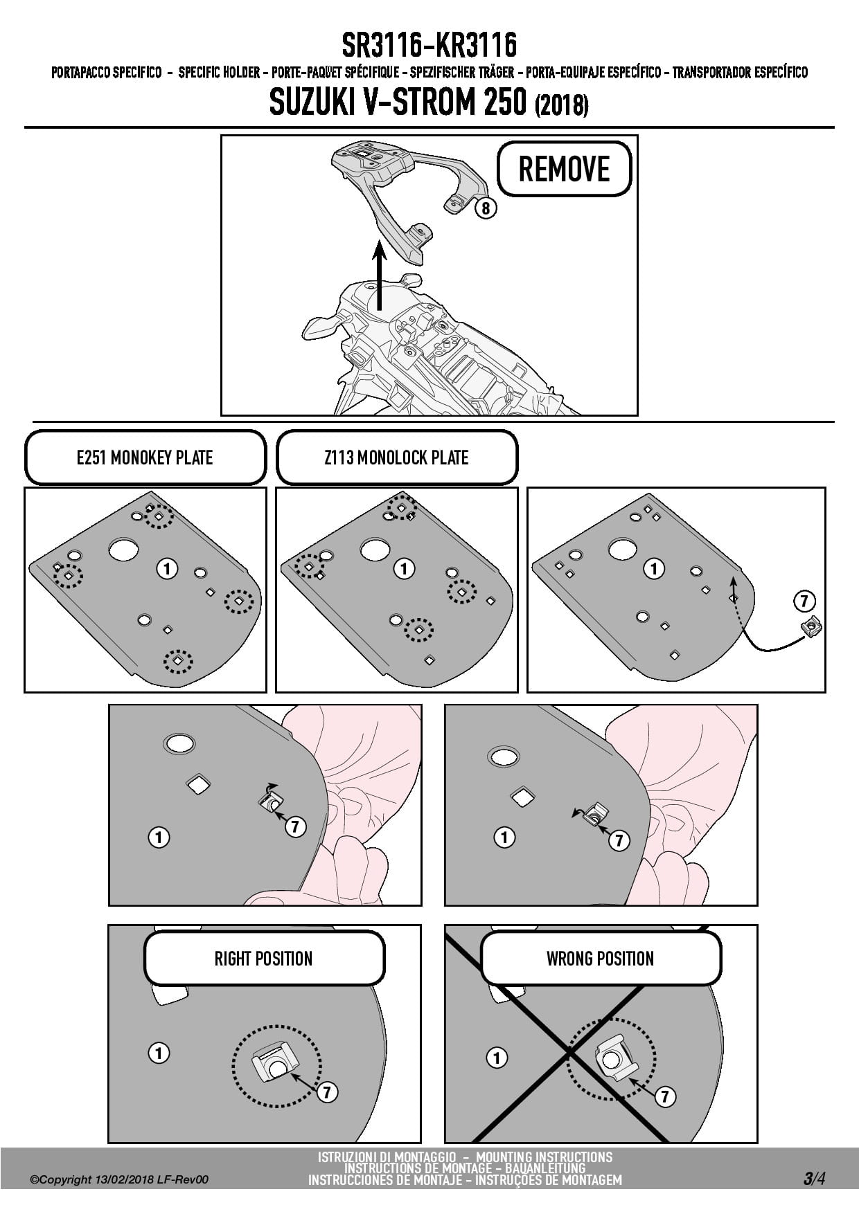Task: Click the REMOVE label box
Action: pyautogui.click(x=564, y=169)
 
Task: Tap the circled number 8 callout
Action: pyautogui.click(x=486, y=208)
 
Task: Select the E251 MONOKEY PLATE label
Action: pyautogui.click(x=145, y=457)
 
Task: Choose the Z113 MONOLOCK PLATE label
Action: pyautogui.click(x=396, y=457)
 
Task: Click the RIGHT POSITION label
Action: pyautogui.click(x=263, y=959)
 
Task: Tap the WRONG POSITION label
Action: pyautogui.click(x=600, y=959)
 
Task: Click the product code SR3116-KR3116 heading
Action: pyautogui.click(x=429, y=46)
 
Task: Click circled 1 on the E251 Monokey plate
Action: pyautogui.click(x=167, y=569)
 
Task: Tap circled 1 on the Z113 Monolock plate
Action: pyautogui.click(x=404, y=569)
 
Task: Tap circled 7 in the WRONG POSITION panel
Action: pyautogui.click(x=664, y=1096)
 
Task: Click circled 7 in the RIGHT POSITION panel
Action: pyautogui.click(x=326, y=1092)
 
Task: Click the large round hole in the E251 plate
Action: pyautogui.click(x=123, y=550)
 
